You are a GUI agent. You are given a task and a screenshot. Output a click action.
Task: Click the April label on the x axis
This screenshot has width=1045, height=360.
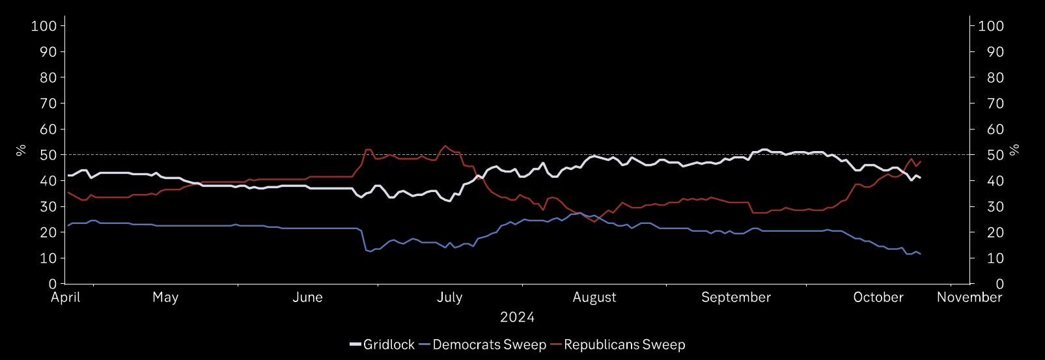click(66, 298)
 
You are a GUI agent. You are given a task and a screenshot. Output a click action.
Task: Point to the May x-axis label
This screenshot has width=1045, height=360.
click(165, 298)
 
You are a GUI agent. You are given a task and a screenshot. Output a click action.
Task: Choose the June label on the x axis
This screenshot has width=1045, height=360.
click(307, 298)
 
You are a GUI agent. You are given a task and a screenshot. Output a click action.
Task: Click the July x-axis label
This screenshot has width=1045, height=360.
click(449, 298)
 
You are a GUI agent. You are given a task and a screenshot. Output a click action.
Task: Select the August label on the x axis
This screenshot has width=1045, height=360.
click(594, 298)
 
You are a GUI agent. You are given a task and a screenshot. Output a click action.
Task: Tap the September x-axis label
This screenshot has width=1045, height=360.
click(736, 298)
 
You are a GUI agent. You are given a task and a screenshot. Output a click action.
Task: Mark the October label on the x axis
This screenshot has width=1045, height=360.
click(878, 298)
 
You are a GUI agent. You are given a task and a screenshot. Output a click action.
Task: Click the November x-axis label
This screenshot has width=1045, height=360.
click(969, 298)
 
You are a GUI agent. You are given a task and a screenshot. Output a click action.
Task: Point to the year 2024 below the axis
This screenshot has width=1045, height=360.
click(517, 318)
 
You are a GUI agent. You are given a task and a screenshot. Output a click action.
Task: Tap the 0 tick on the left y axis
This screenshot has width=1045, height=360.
click(52, 284)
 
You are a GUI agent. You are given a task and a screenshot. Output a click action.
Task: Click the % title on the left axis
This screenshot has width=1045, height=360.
click(21, 150)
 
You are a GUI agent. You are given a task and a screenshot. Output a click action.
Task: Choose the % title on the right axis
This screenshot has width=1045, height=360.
click(1014, 150)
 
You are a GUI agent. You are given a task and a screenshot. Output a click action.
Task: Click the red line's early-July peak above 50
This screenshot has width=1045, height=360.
click(445, 146)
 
